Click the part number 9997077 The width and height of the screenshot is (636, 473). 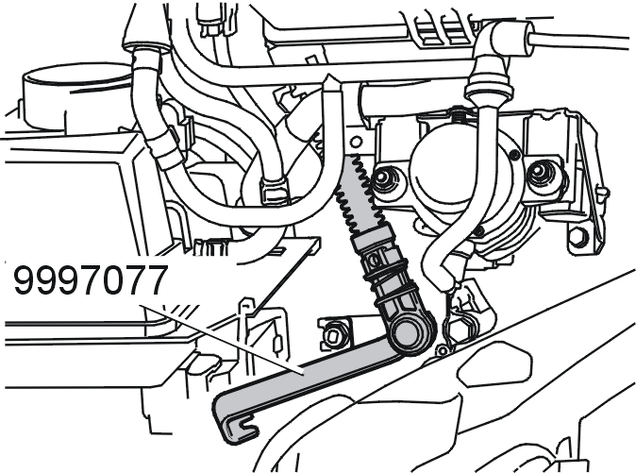pyautogui.click(x=91, y=280)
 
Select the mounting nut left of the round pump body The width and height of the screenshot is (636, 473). pyautogui.click(x=382, y=178)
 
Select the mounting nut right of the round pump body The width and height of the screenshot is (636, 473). pyautogui.click(x=540, y=173)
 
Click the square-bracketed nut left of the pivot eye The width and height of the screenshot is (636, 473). pyautogui.click(x=333, y=335)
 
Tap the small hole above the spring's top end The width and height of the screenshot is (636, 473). pyautogui.click(x=357, y=142)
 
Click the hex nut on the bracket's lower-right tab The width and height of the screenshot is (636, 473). pyautogui.click(x=578, y=238)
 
